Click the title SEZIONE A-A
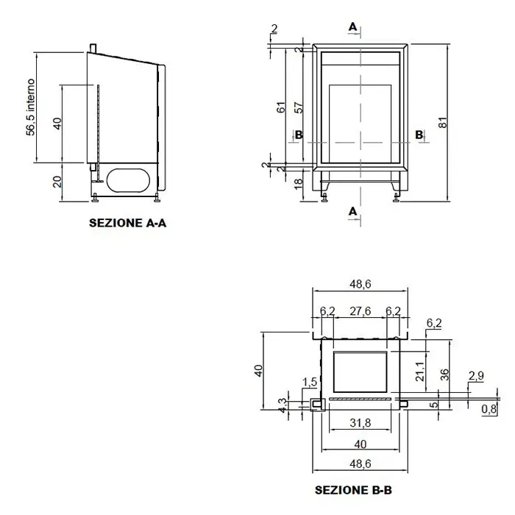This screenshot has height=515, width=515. click(127, 223)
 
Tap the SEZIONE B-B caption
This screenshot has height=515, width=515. click(353, 490)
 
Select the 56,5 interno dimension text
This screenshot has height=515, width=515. click(31, 107)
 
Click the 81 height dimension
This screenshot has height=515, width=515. click(443, 122)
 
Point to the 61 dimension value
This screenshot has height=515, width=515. click(282, 107)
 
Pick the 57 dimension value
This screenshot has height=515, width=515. click(299, 107)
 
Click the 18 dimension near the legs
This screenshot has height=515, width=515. click(298, 184)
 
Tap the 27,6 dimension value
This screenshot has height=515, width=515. click(360, 310)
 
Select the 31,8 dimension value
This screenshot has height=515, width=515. click(360, 423)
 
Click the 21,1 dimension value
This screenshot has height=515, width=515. click(420, 372)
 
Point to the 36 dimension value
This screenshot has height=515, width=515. click(444, 374)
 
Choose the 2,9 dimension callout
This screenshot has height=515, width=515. click(476, 375)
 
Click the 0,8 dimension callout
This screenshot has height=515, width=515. click(489, 409)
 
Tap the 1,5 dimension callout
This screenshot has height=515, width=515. click(310, 382)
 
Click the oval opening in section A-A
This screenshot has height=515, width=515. click(129, 180)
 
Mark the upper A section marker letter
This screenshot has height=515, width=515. click(352, 26)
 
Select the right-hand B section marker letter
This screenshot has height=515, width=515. click(419, 135)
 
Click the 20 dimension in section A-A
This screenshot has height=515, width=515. click(57, 182)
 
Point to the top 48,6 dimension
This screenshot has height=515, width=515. click(360, 284)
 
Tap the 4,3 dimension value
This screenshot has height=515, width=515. click(282, 405)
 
